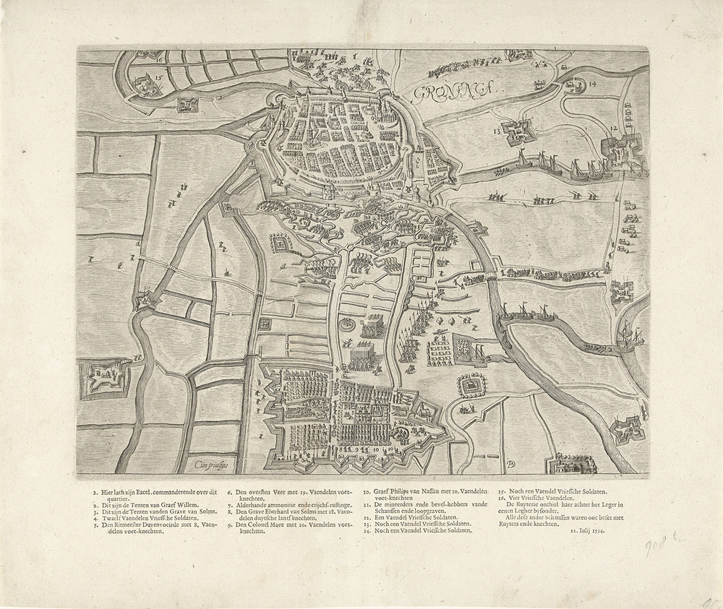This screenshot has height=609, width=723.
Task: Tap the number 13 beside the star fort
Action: tap(497, 131)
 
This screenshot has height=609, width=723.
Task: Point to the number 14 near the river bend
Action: tap(593, 85)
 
